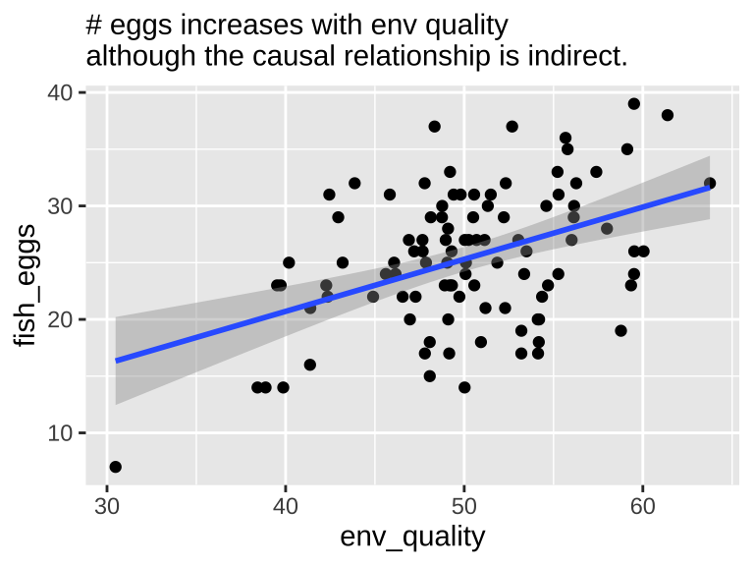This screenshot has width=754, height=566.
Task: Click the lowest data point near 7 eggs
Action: [x=116, y=467]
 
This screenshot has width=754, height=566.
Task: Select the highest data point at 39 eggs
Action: [x=634, y=104]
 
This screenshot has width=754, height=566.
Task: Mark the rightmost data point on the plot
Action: [x=710, y=184]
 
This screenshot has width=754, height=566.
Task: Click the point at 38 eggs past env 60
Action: [x=668, y=115]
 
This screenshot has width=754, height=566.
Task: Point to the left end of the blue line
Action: [x=116, y=361]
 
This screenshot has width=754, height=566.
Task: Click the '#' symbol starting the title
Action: [x=95, y=24]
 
